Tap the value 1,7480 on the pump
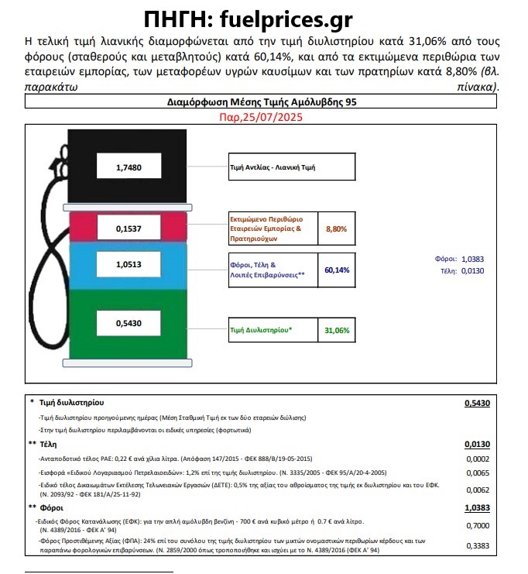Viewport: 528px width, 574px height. click(129, 167)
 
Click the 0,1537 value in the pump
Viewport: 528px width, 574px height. click(129, 229)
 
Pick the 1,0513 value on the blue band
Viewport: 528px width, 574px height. click(129, 264)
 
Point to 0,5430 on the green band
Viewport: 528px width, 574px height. click(129, 322)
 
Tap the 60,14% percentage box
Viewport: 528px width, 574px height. click(337, 270)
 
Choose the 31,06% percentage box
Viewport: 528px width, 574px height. click(337, 330)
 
